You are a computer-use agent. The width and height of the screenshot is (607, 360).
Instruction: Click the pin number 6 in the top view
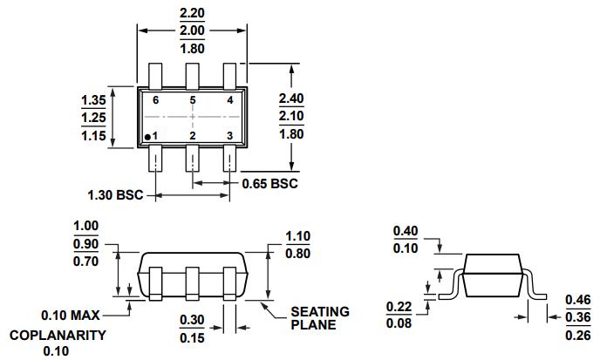[x=155, y=100]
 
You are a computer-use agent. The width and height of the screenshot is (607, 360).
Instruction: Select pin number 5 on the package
[x=193, y=100]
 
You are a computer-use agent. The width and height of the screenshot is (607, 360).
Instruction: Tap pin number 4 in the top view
[x=228, y=100]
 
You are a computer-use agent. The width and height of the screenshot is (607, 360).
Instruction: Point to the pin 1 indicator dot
[x=149, y=136]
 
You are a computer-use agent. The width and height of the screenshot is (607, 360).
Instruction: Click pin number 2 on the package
[x=193, y=136]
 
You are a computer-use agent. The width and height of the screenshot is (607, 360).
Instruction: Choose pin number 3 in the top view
[x=228, y=136]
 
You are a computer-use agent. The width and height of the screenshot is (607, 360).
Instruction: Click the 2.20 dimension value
[x=192, y=13]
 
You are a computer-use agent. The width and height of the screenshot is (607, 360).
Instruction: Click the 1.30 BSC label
[x=112, y=194]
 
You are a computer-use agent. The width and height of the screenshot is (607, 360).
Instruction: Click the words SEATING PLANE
[x=319, y=318]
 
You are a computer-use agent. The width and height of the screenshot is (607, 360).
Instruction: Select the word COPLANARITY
[x=58, y=335]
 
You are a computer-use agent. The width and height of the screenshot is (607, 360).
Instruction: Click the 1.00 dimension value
[x=86, y=226]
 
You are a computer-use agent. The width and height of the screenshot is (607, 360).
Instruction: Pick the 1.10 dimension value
[x=299, y=235]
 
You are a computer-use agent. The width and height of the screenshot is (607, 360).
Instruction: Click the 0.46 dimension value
[x=578, y=298]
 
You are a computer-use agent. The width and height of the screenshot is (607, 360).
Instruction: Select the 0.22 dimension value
[x=399, y=306]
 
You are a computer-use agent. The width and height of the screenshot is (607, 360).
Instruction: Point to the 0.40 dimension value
[x=406, y=231]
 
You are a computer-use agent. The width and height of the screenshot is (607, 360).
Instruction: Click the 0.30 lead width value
[x=193, y=320]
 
